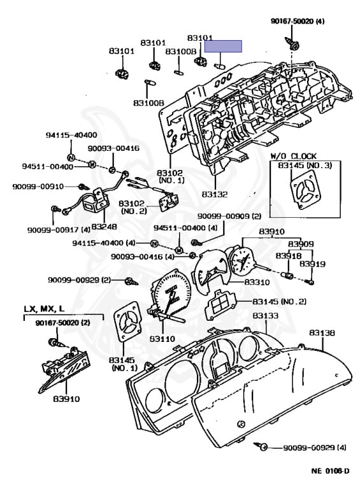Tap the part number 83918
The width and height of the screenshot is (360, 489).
[x=288, y=255]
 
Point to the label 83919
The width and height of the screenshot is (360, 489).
[x=312, y=264]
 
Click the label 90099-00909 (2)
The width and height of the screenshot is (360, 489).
[x=229, y=216]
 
